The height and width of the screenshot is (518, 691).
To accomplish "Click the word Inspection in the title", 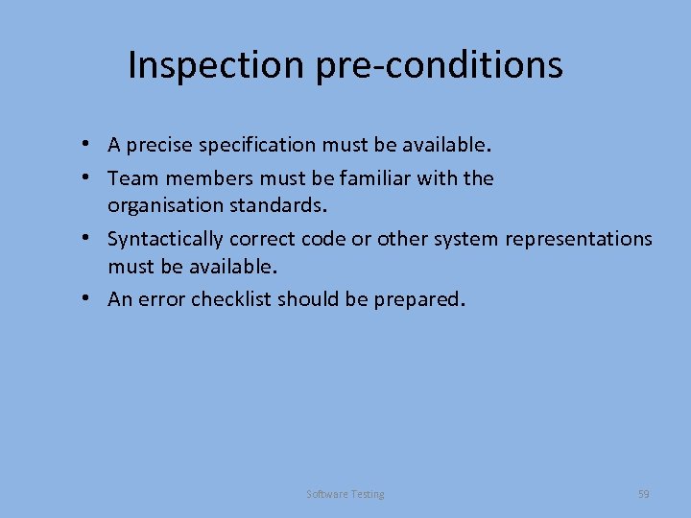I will pos(216,65).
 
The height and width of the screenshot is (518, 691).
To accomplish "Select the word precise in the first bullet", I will pos(158,146).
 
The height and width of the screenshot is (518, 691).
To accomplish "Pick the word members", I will pos(200,178).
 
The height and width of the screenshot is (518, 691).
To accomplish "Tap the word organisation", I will pos(163,205).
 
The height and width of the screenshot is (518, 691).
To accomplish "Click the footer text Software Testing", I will pos(345,494).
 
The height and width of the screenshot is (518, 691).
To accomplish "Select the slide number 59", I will pos(644,494).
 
